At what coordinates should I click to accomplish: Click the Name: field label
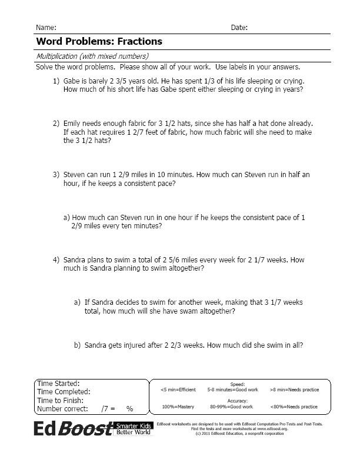coord(46,28)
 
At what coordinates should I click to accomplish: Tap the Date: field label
coord(239,28)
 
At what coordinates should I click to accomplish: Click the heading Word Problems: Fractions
coord(99,42)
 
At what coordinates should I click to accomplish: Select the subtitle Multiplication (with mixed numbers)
coord(92,56)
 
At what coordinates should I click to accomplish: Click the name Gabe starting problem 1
coord(72,80)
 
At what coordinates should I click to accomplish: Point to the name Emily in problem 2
coord(73,124)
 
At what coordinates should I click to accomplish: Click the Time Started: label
coord(58,384)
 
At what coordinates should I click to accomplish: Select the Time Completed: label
coord(63,391)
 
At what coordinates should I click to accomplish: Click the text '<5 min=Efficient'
coord(178,390)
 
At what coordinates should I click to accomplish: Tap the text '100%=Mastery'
coord(178,407)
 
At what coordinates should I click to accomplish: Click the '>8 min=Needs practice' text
coord(294,390)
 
